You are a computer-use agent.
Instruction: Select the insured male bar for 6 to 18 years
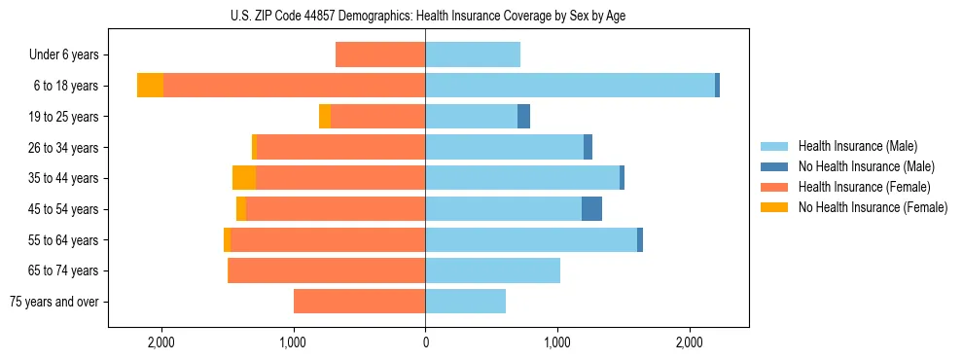click(570, 86)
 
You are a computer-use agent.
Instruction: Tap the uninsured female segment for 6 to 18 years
click(150, 86)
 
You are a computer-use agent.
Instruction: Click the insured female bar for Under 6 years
click(380, 54)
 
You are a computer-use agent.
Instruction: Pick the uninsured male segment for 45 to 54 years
click(591, 209)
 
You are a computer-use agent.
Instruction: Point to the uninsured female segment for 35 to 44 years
click(244, 178)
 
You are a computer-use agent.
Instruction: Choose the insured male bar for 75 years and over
click(465, 302)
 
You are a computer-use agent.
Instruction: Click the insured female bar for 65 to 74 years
click(326, 270)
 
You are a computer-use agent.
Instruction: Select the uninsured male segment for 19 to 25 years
click(523, 117)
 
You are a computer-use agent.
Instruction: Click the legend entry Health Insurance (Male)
click(857, 146)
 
